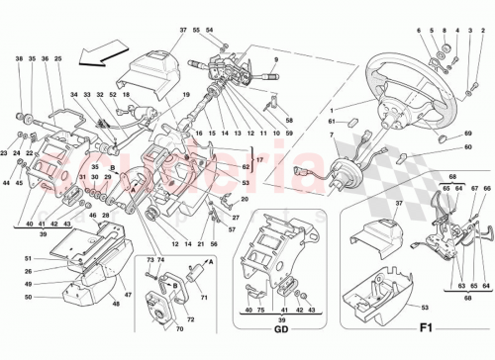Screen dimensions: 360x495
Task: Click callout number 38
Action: (x=19, y=59)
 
